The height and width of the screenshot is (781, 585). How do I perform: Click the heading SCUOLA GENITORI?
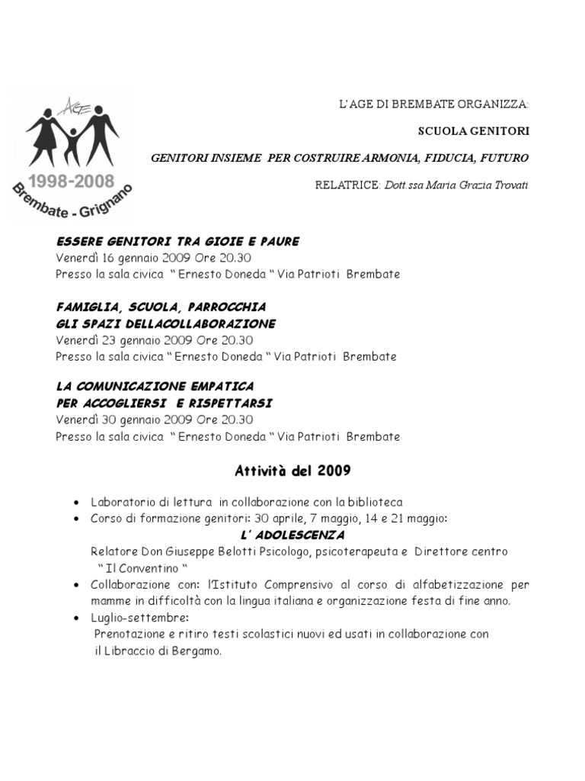point(473,131)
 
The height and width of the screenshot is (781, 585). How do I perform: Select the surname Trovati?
point(507,185)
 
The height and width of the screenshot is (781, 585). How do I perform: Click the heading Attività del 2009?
point(292,471)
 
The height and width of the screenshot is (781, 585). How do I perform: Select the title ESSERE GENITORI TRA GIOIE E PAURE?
point(177,241)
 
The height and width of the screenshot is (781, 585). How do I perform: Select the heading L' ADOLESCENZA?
point(292,535)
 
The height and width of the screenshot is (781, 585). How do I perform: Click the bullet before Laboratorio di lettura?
point(79,503)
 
